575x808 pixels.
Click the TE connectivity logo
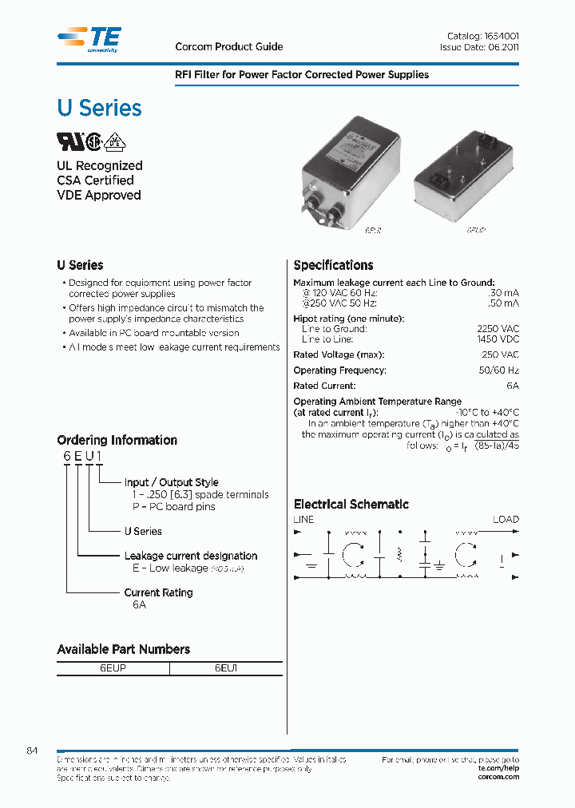click(89, 39)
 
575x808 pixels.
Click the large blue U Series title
click(99, 108)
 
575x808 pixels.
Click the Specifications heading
click(333, 266)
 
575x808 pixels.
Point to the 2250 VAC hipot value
click(498, 329)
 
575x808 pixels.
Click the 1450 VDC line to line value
click(498, 340)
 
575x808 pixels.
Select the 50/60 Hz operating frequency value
click(500, 370)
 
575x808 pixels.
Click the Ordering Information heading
click(117, 441)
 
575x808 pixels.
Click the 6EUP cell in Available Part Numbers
click(113, 668)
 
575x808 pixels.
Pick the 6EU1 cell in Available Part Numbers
click(226, 668)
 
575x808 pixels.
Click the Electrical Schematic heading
click(351, 505)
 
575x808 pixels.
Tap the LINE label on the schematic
click(304, 520)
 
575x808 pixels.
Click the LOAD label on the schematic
click(506, 520)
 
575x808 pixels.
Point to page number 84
click(32, 751)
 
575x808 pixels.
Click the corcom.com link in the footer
click(498, 777)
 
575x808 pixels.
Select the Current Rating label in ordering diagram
click(158, 592)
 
